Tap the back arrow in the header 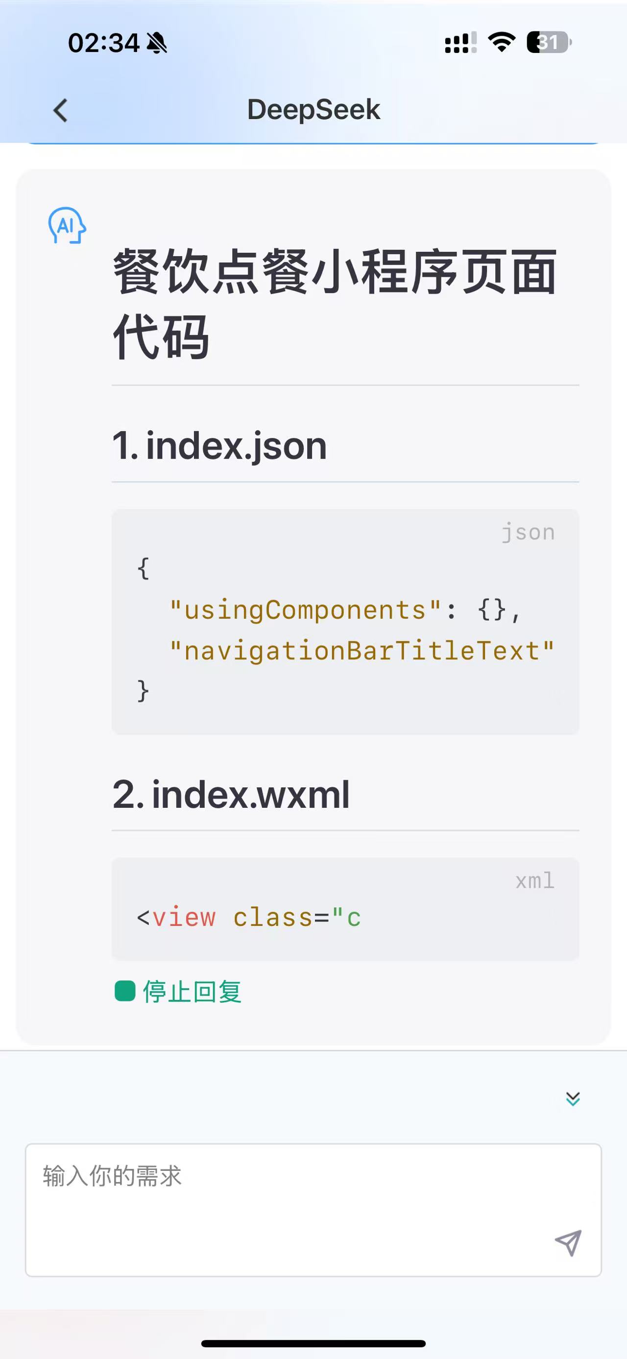(61, 110)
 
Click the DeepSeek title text (313, 110)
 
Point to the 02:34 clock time (103, 43)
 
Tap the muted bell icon (157, 43)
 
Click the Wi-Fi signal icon (502, 42)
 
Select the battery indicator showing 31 (549, 42)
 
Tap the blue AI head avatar (67, 225)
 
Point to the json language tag (528, 532)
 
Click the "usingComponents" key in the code (305, 610)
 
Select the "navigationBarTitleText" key (362, 651)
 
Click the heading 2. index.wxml (231, 795)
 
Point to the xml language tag (535, 880)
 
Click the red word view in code (184, 918)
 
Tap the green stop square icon (125, 991)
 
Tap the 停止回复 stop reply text (192, 991)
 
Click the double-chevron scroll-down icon (573, 1098)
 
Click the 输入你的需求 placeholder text (112, 1176)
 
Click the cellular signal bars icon (460, 43)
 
